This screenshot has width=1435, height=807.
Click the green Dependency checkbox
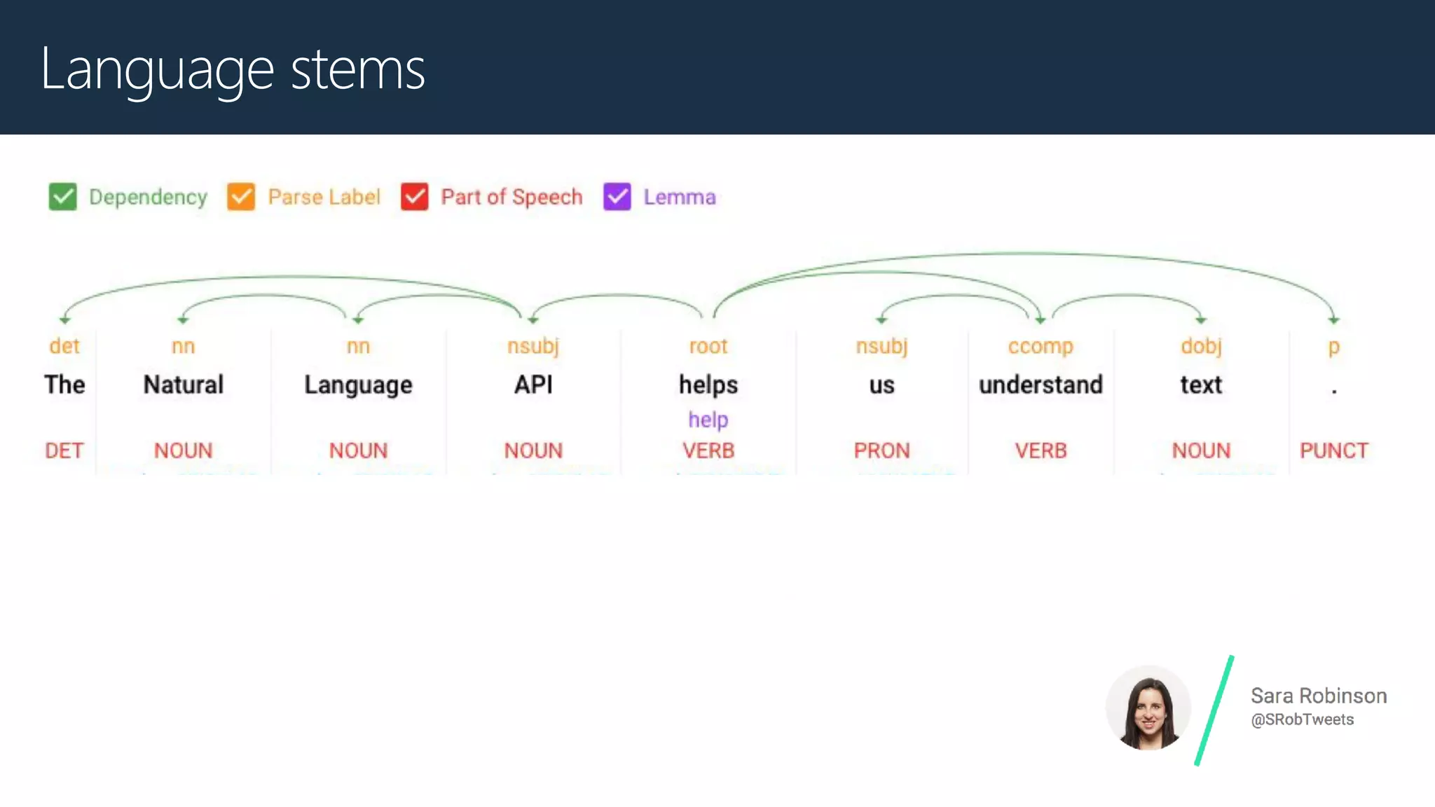(62, 197)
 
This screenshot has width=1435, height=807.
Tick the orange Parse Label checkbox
(241, 197)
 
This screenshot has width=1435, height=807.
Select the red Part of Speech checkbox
(414, 197)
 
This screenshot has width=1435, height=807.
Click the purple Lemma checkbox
(617, 197)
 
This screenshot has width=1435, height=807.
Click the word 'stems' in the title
(357, 69)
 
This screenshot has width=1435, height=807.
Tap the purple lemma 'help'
(708, 420)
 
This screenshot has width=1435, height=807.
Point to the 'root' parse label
(708, 346)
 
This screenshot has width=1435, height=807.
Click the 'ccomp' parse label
(1040, 346)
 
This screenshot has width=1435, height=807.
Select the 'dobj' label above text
(1200, 346)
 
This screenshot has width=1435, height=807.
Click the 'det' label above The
(64, 346)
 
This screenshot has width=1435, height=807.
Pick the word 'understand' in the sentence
(1040, 385)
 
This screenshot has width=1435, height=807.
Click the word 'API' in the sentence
(533, 385)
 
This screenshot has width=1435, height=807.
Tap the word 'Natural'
(183, 385)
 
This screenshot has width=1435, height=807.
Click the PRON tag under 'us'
(881, 450)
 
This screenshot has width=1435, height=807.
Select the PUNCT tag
(1333, 450)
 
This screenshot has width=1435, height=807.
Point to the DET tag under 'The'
(64, 450)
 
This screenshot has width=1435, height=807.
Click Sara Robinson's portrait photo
(1148, 708)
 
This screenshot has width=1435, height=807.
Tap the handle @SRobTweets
(1302, 719)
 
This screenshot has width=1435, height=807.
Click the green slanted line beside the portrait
(1214, 710)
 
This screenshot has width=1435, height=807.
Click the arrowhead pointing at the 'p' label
(1333, 320)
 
